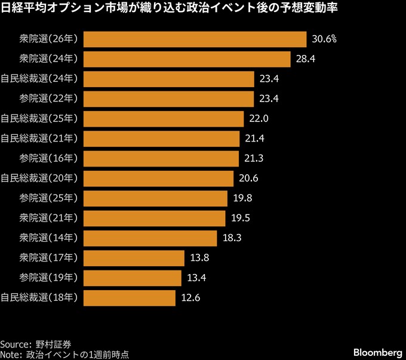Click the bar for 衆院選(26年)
(x=195, y=39)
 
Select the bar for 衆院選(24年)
(x=187, y=59)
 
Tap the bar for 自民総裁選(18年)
(x=130, y=298)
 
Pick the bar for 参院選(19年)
(x=133, y=278)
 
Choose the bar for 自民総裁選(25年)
(x=164, y=119)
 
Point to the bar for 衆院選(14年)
(x=150, y=238)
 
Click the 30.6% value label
(x=324, y=39)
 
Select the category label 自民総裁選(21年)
(x=39, y=139)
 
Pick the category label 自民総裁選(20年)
(x=39, y=179)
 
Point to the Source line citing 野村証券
(x=36, y=344)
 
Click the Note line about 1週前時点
(x=65, y=354)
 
